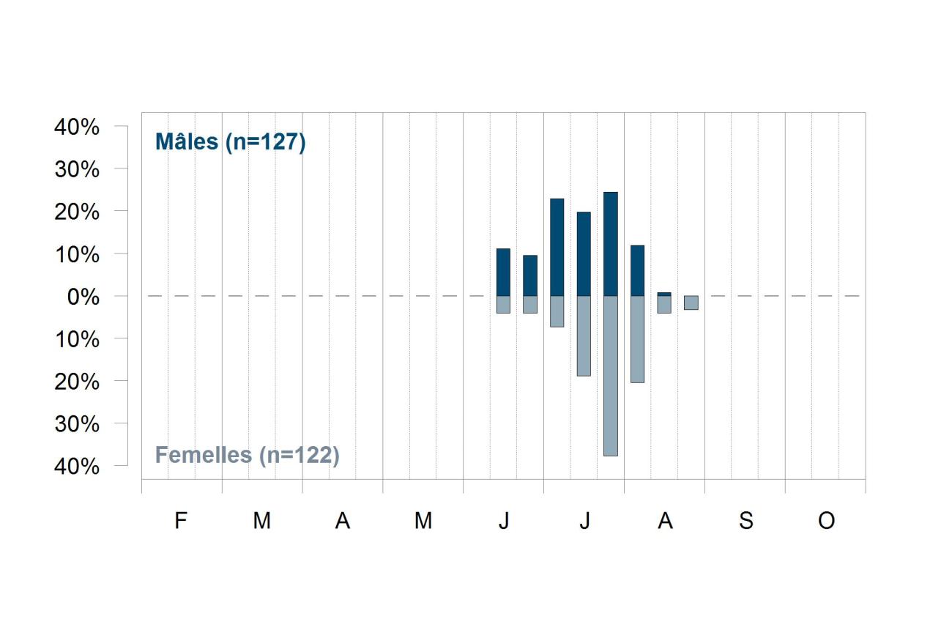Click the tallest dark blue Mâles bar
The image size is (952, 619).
click(611, 244)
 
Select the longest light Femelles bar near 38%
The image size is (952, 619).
click(611, 376)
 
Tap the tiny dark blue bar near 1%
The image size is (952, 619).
click(664, 294)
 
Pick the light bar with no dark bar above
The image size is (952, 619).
click(691, 303)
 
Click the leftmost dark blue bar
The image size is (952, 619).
click(503, 272)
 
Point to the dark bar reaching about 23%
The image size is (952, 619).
click(557, 248)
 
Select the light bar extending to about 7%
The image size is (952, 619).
click(557, 311)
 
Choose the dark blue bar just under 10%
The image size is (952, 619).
click(530, 275)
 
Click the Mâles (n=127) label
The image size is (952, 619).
click(231, 141)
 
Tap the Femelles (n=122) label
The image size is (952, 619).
click(248, 456)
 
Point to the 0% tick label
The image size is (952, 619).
click(83, 297)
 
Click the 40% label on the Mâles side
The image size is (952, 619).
click(77, 127)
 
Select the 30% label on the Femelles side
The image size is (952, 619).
click(77, 424)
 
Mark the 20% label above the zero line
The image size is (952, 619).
click(77, 212)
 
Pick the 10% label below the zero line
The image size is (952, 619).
click(77, 339)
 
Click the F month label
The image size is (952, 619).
click(181, 520)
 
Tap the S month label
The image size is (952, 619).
click(746, 520)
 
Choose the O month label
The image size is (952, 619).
click(827, 520)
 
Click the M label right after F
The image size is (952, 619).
click(262, 520)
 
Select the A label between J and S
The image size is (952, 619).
click(665, 520)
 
